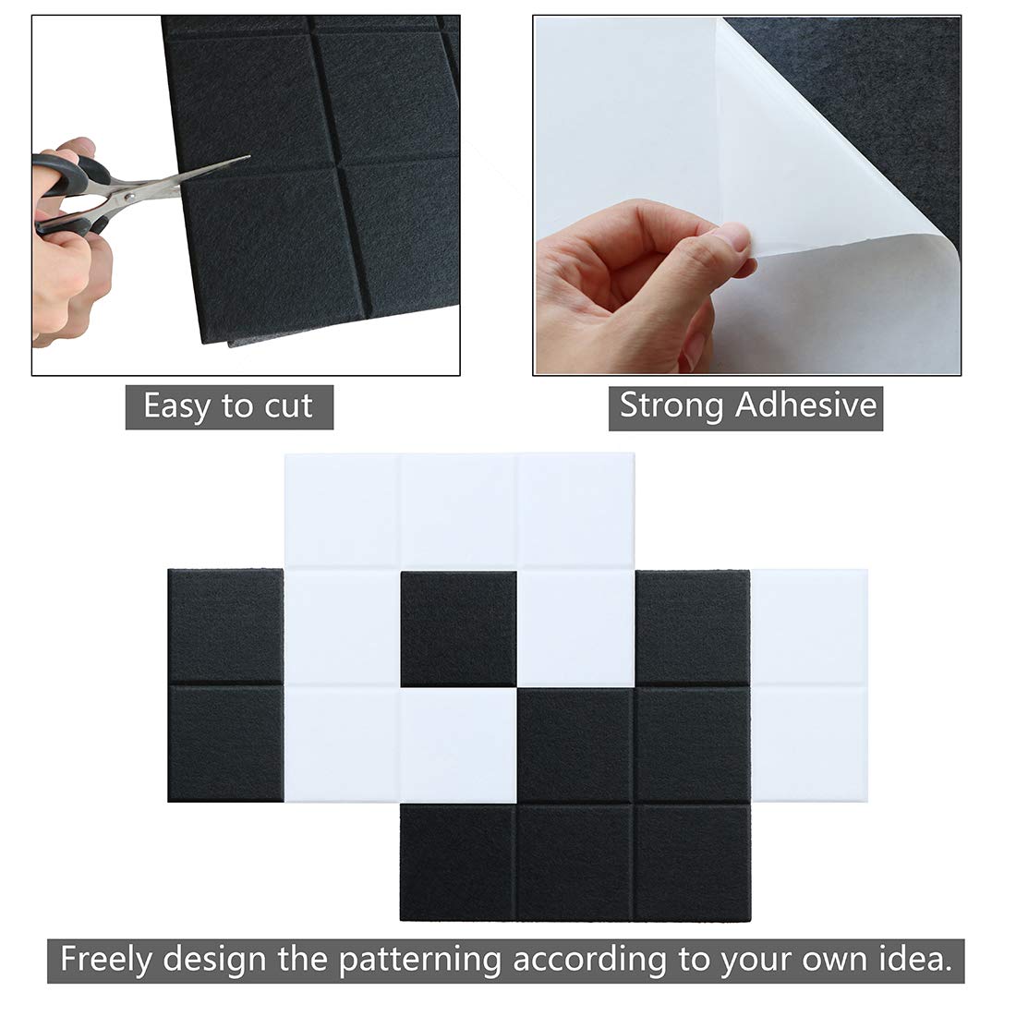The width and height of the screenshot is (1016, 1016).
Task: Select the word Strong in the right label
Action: click(671, 405)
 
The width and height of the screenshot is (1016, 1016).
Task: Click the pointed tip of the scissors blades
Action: click(247, 158)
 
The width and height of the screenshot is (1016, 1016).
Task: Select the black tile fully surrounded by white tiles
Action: click(458, 628)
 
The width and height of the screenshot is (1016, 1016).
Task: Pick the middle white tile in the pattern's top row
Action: click(458, 510)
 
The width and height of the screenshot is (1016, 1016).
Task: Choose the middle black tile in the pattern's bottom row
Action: click(575, 863)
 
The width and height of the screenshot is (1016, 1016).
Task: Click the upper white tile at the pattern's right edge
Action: click(810, 626)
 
